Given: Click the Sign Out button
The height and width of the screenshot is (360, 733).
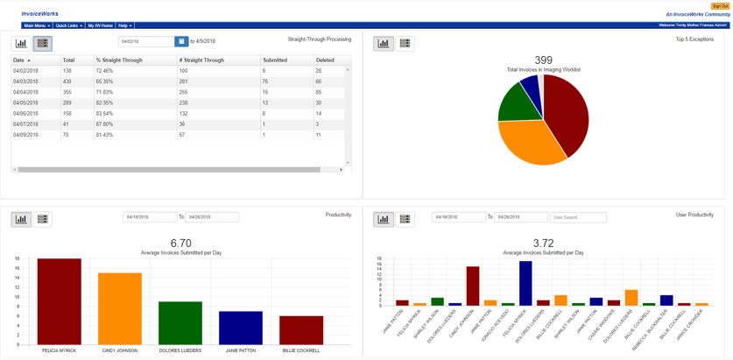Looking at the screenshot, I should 719,6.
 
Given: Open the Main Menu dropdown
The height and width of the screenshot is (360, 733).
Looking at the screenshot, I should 36,25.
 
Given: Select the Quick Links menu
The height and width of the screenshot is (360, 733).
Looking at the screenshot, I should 68,25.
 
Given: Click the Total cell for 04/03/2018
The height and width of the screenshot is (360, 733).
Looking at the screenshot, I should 67,81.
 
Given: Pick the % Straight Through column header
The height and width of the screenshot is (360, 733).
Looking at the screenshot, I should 119,60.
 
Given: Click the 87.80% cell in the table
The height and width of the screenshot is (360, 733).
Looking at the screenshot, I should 104,124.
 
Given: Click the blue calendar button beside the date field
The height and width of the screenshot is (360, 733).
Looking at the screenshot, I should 181,41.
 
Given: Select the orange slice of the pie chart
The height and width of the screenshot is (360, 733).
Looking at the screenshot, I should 530,144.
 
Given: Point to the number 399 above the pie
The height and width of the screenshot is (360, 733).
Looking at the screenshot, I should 543,60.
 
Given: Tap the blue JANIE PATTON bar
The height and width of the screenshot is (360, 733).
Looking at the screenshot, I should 241,328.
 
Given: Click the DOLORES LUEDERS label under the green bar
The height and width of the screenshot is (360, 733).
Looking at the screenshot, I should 180,350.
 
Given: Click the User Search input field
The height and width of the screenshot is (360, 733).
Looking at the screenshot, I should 577,217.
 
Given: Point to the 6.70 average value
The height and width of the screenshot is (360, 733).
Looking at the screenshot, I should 180,244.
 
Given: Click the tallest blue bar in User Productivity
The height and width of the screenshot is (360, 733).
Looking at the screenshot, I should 525,283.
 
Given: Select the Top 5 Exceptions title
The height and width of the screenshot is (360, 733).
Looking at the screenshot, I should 694,39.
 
